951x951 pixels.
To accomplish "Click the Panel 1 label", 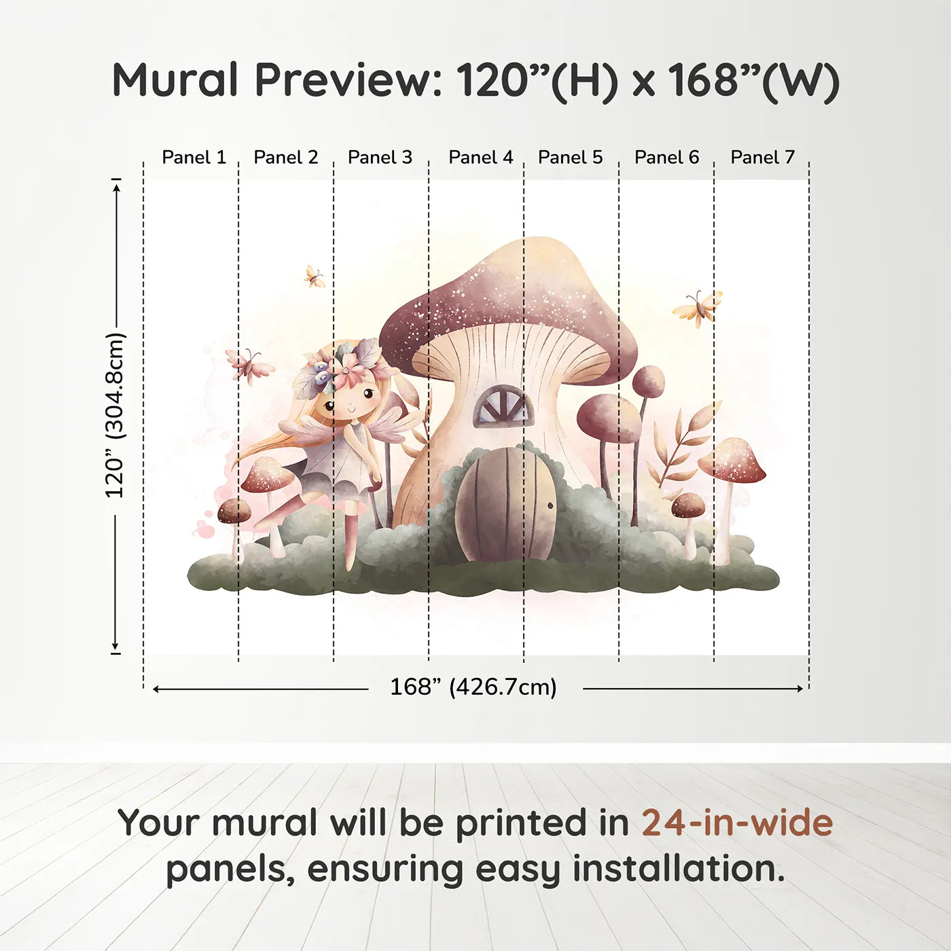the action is coord(194,158).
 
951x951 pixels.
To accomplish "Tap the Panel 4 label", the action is coord(481,158).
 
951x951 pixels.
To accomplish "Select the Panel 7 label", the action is coord(762,158).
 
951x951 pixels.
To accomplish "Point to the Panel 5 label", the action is coord(571,158).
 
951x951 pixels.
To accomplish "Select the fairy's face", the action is coord(348,400).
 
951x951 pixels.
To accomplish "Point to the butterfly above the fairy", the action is coord(315,276).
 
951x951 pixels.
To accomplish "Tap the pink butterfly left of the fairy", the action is coord(250,365).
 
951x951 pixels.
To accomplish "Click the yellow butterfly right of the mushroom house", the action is coord(698,308).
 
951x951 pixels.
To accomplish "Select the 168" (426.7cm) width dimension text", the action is coord(473,687).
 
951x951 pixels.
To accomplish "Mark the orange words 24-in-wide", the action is coord(737,823).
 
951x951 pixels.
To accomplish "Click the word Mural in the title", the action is coord(175,79).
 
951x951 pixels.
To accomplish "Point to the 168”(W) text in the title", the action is coord(753,81).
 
